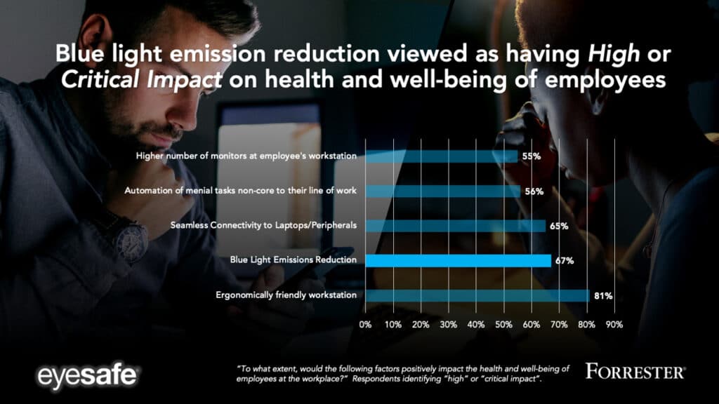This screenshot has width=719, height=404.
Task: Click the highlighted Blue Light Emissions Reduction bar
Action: (458, 261)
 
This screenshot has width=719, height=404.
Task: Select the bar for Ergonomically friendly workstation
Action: (477, 295)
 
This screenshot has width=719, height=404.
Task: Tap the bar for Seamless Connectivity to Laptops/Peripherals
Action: (455, 226)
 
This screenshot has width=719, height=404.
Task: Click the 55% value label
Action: (531, 156)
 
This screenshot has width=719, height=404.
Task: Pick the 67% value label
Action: (565, 261)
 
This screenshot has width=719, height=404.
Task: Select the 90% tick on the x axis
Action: (614, 325)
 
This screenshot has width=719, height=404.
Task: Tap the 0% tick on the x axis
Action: (365, 325)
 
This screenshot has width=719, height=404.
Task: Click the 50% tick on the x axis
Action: (503, 325)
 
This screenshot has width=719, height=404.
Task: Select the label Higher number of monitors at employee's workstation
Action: (246, 156)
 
